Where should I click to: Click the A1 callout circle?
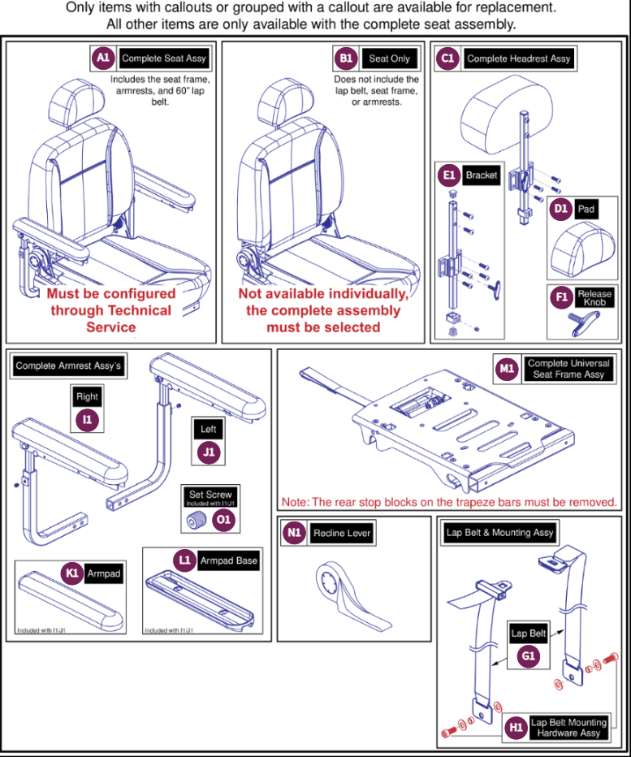[102, 58]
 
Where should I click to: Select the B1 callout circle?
[347, 58]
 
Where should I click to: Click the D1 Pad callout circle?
[560, 208]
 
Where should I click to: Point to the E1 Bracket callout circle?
[448, 175]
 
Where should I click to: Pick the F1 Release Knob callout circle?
[560, 297]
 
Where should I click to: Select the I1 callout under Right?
[87, 420]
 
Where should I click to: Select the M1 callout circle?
[508, 369]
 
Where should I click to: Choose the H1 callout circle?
[514, 727]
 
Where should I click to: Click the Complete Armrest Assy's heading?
[68, 366]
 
